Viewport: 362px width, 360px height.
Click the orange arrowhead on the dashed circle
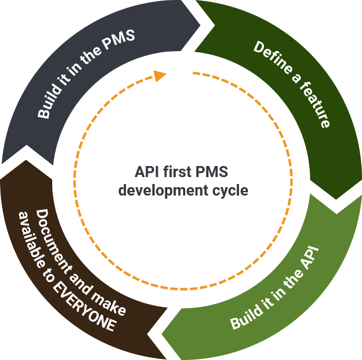click(x=160, y=76)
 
